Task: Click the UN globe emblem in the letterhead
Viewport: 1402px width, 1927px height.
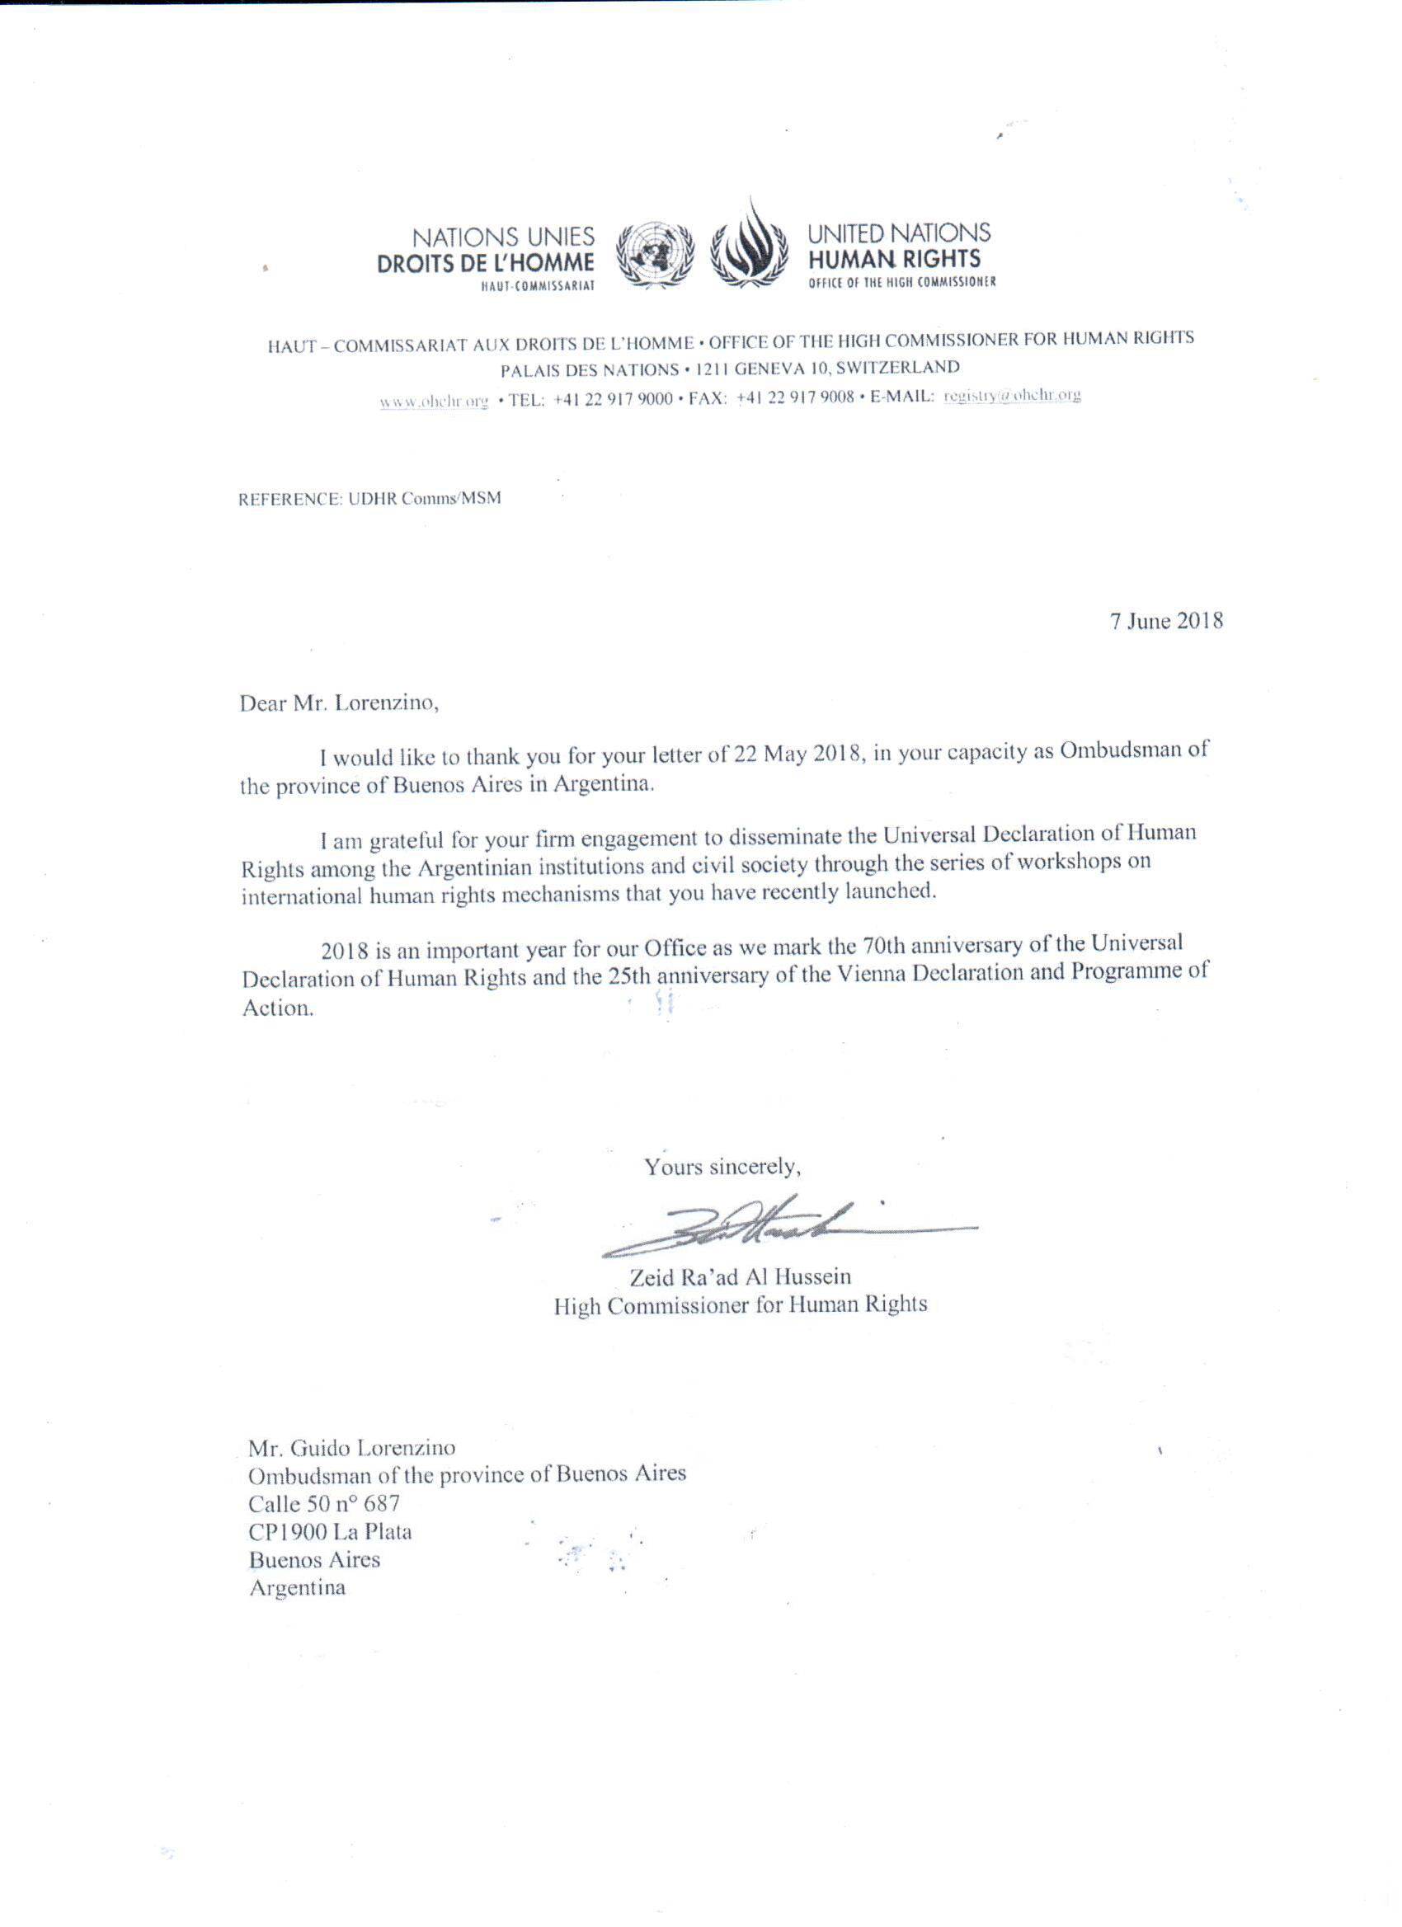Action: (x=654, y=252)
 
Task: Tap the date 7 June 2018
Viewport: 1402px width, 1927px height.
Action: (x=1167, y=620)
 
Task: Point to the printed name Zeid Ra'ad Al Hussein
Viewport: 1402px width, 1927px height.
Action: (x=740, y=1276)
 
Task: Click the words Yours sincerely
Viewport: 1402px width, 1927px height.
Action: (x=722, y=1168)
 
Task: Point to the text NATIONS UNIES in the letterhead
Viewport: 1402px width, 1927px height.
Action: (x=503, y=237)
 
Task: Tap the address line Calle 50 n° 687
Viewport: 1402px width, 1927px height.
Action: (x=324, y=1504)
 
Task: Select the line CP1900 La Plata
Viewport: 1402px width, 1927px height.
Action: (x=330, y=1532)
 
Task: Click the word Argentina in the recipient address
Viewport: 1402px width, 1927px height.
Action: (x=297, y=1587)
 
